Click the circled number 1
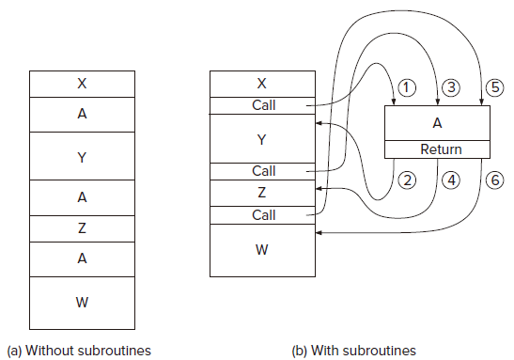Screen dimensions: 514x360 coord(407,87)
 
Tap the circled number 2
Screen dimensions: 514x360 coord(407,180)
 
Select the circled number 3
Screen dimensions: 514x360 coord(451,87)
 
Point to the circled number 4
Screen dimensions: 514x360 coord(451,180)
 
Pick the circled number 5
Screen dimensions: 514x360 coord(494,87)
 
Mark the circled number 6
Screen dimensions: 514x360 coord(494,180)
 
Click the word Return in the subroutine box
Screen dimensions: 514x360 coord(441,149)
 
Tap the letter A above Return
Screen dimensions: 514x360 coord(437,123)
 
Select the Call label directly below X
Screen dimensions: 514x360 coord(264,105)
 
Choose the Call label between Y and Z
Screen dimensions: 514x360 coord(264,171)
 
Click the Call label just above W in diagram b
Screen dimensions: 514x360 coord(264,215)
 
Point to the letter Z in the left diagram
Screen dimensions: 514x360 coord(82,227)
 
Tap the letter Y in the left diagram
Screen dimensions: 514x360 coord(82,158)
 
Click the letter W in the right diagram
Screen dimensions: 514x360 coord(262,250)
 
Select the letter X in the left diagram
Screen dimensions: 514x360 coord(82,84)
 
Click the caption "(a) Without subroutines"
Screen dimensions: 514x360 coord(79,351)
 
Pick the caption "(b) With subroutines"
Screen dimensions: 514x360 coord(353,351)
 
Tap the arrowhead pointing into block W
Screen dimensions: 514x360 coord(319,233)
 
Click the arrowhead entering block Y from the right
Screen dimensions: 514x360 coord(319,123)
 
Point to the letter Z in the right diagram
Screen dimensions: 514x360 coord(261,193)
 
